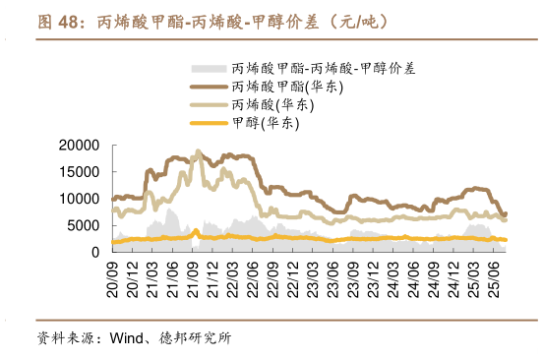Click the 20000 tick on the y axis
click(x=79, y=146)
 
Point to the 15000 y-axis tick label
click(x=79, y=172)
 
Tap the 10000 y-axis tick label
click(x=79, y=199)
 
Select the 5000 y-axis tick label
click(x=84, y=225)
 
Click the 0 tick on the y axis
click(x=94, y=252)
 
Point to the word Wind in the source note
click(x=126, y=338)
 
